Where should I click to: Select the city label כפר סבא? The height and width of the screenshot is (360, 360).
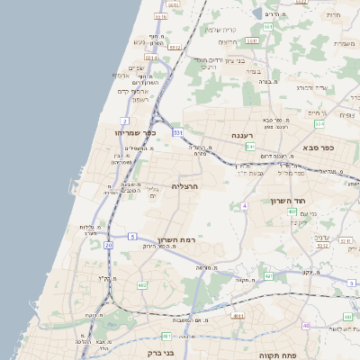click(319, 148)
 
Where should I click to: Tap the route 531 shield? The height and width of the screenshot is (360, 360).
click(177, 132)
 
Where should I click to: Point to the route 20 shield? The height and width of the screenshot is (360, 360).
click(109, 244)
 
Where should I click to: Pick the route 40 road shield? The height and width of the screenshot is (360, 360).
click(307, 325)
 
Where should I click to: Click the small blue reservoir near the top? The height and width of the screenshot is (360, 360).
click(259, 14)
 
